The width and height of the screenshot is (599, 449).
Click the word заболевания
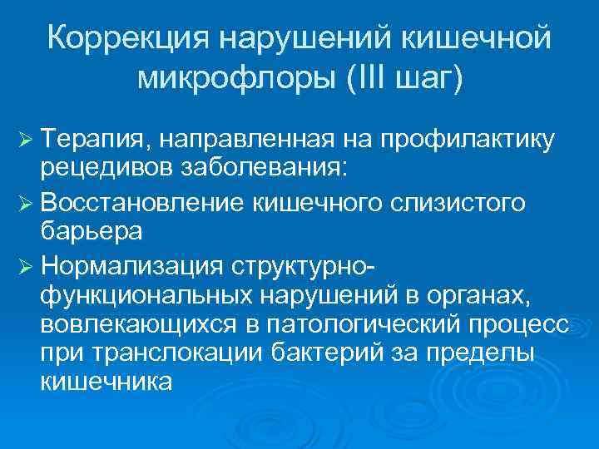click(253, 168)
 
